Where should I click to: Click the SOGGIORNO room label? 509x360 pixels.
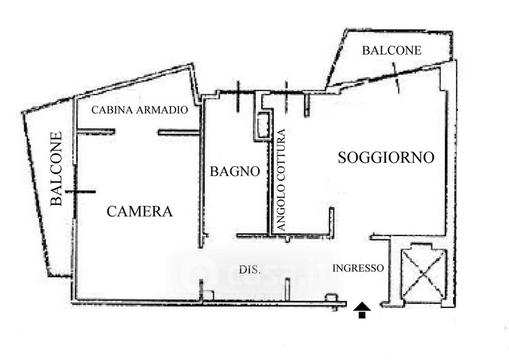[x=386, y=158]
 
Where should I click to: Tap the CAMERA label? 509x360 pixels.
[x=139, y=211]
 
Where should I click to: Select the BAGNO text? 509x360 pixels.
[x=235, y=171]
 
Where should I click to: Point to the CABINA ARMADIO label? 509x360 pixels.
[x=139, y=110]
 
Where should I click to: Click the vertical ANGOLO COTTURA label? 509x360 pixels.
[x=281, y=180]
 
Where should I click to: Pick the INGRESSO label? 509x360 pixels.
[x=358, y=268]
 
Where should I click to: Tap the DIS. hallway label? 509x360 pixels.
[x=249, y=270]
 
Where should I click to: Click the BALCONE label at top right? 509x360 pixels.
[x=391, y=50]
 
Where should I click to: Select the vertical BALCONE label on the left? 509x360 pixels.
[x=56, y=169]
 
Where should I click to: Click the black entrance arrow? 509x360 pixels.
[x=362, y=310]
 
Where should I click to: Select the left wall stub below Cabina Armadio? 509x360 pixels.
[x=96, y=132]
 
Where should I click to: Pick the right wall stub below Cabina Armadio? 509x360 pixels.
[x=179, y=132]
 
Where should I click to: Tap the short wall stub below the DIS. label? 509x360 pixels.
[x=287, y=289]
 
